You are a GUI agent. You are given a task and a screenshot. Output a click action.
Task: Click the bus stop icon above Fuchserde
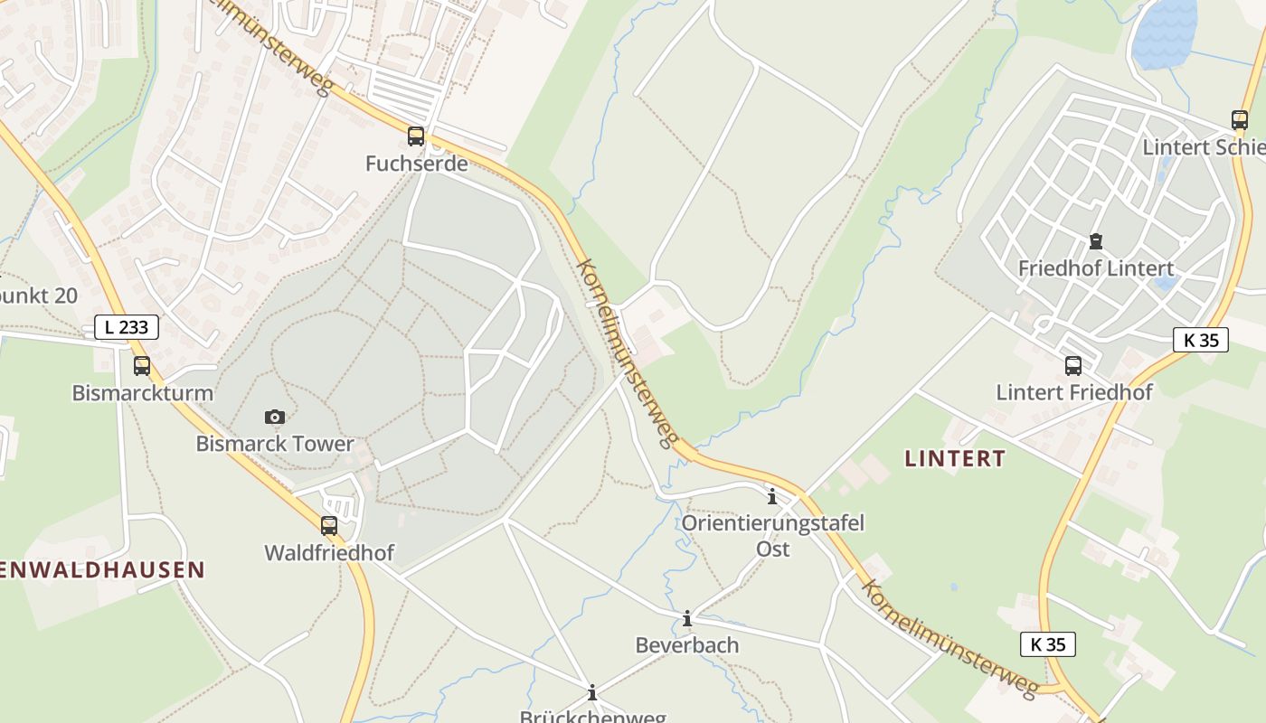coord(416,136)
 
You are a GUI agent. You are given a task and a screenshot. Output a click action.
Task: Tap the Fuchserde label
coord(416,164)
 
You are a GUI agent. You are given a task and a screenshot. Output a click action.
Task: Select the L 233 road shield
coord(127,327)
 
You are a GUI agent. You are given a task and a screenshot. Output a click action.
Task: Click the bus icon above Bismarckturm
coord(142,366)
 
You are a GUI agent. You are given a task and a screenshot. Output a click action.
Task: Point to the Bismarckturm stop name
coord(142,393)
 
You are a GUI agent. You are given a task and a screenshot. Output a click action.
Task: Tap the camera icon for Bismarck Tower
coord(275,417)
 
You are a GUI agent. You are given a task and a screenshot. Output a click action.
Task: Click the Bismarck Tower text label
coord(275,444)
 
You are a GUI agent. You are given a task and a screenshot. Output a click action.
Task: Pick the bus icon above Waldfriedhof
coord(329,525)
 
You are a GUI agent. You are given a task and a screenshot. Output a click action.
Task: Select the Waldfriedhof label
coord(329,552)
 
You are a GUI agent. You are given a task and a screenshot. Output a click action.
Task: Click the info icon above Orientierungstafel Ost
coord(772,496)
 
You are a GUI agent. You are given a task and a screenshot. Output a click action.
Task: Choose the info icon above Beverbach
coord(687,618)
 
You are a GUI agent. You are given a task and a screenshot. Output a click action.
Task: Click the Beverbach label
coord(687,645)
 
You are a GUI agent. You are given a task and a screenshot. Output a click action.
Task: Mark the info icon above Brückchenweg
coord(592,693)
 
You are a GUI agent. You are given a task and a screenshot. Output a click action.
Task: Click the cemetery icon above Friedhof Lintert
coord(1096,241)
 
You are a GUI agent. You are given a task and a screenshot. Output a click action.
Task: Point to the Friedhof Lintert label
coord(1096,268)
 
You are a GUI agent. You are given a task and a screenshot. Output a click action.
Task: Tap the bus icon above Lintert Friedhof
coord(1073,366)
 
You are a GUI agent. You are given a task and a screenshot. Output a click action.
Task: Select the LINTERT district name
coord(955,458)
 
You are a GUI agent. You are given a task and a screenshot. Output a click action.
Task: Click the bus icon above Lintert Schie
coord(1240,120)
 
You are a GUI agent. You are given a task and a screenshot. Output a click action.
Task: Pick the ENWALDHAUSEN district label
coord(102,570)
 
